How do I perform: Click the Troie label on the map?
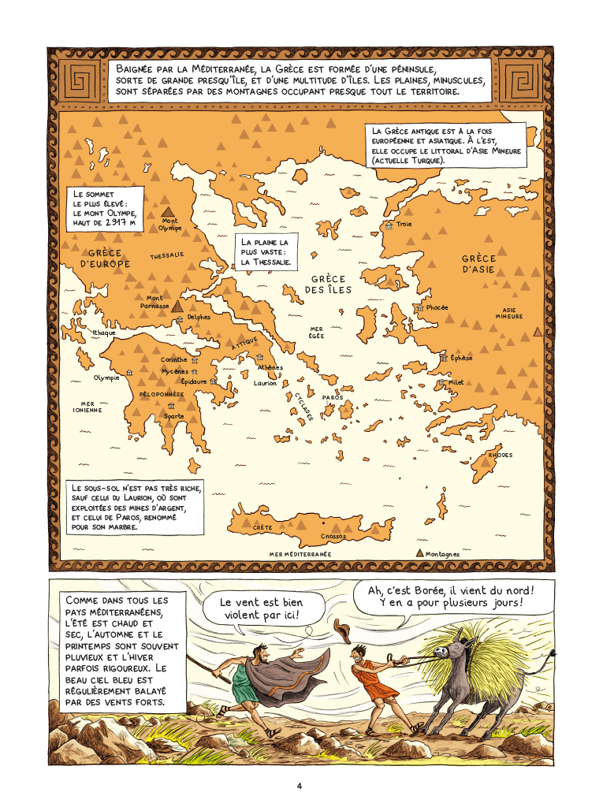(404, 225)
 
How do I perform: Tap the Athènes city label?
(270, 368)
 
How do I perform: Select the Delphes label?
(199, 318)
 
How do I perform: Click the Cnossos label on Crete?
(333, 536)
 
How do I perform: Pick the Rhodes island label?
(500, 456)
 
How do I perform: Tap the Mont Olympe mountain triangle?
(168, 211)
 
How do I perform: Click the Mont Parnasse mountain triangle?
(178, 306)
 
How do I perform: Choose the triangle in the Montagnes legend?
(419, 553)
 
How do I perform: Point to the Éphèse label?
(462, 359)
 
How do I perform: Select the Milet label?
(456, 382)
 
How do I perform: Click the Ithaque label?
(104, 333)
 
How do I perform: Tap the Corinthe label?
(174, 359)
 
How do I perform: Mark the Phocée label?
(437, 307)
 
